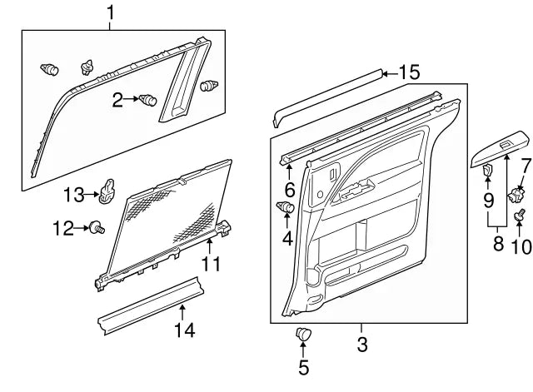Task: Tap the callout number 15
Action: (x=409, y=72)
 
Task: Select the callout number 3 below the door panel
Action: (x=361, y=344)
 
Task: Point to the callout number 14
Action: (x=183, y=330)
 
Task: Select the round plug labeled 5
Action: (x=303, y=335)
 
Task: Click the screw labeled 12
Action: (x=97, y=227)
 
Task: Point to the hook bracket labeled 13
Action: (x=107, y=191)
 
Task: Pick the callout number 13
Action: (x=74, y=195)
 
